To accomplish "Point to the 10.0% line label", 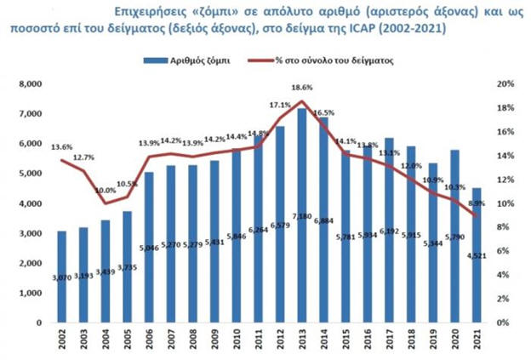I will pos(105,191).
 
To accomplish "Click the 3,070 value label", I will pos(63,278).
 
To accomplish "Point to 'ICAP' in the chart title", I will pos(396,28).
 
